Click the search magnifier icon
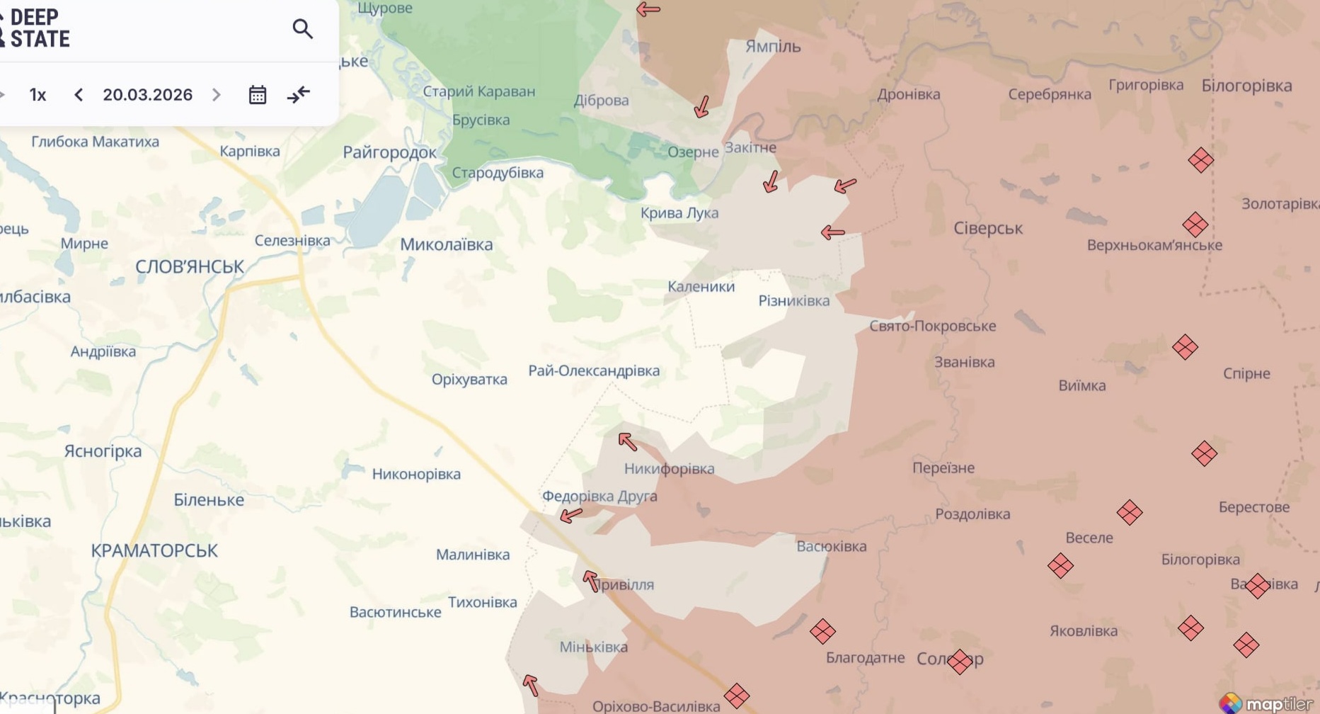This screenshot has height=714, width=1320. pyautogui.click(x=302, y=29)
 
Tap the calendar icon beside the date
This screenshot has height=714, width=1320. pyautogui.click(x=258, y=95)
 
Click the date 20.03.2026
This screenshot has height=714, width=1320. pyautogui.click(x=147, y=95)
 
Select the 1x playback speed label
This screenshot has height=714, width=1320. pyautogui.click(x=38, y=95)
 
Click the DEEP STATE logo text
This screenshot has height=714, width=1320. pyautogui.click(x=39, y=28)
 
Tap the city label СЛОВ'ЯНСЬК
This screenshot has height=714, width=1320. pyautogui.click(x=190, y=267)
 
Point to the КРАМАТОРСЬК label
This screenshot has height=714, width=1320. pyautogui.click(x=154, y=550)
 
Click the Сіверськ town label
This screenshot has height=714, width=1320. pyautogui.click(x=988, y=229)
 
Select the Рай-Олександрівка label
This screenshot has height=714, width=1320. pyautogui.click(x=594, y=370)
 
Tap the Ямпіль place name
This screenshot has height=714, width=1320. pyautogui.click(x=773, y=47)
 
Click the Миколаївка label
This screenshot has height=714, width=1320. pyautogui.click(x=446, y=245)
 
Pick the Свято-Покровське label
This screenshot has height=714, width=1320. pyautogui.click(x=932, y=326)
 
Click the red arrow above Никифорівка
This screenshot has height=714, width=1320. pyautogui.click(x=627, y=442)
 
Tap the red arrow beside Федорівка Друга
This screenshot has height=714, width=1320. pyautogui.click(x=571, y=515)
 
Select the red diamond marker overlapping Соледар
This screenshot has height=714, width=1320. pyautogui.click(x=960, y=662)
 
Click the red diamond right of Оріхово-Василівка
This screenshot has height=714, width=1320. pyautogui.click(x=737, y=696)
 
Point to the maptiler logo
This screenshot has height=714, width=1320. pyautogui.click(x=1268, y=703)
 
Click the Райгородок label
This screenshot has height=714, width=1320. pyautogui.click(x=389, y=152)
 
